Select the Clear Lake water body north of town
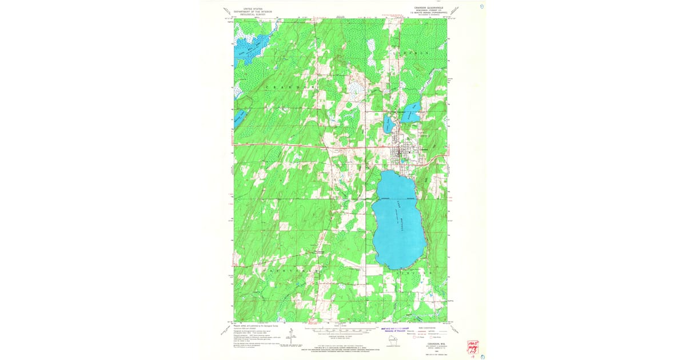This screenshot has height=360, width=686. pos(389,125)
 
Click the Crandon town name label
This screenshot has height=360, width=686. pos(424,150)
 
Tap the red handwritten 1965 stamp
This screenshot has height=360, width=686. pos(473,346)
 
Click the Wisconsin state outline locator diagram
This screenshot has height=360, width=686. pos(392,341)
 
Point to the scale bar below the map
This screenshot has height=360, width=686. pos(341,330)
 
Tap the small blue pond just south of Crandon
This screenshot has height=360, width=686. pos(402,161)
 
